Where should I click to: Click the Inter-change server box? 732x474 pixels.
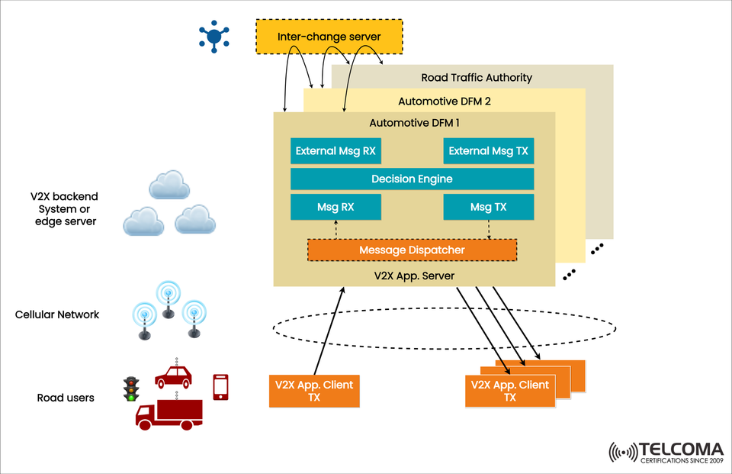328,37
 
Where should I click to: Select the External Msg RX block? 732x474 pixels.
335,151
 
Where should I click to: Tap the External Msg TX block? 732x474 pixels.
488,151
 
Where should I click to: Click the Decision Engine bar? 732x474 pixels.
412,179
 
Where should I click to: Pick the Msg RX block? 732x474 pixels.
335,207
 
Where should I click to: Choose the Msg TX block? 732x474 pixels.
488,207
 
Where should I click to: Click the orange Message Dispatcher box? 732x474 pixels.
412,250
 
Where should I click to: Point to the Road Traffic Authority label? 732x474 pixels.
477,78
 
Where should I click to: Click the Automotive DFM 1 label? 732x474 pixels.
414,122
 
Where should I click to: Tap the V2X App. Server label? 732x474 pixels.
414,274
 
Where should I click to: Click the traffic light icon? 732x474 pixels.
130,389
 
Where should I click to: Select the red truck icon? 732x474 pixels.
169,413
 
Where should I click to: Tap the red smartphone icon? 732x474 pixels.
221,387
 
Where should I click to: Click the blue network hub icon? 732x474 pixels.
214,36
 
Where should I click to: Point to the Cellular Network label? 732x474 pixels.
57,314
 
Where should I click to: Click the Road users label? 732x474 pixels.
66,398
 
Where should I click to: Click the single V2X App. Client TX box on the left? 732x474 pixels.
314,391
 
